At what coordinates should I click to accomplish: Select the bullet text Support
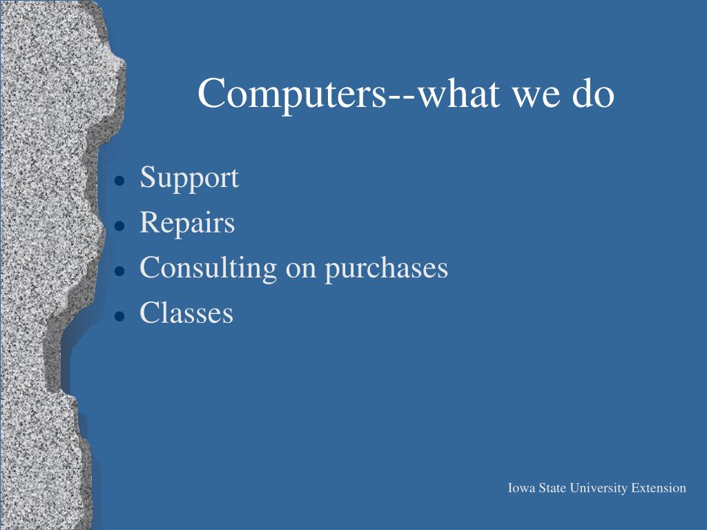(189, 179)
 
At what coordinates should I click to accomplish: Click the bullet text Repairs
(187, 223)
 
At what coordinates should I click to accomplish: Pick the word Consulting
(209, 268)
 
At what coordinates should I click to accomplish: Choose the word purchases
(387, 269)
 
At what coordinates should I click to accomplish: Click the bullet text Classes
(186, 313)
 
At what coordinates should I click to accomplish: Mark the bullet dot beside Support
(119, 181)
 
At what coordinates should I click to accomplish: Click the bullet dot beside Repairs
(119, 226)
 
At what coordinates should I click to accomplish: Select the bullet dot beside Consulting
(119, 271)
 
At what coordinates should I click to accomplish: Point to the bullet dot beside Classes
(119, 316)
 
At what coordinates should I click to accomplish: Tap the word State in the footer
(552, 488)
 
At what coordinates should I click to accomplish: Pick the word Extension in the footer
(658, 488)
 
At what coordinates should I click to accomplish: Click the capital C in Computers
(211, 93)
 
